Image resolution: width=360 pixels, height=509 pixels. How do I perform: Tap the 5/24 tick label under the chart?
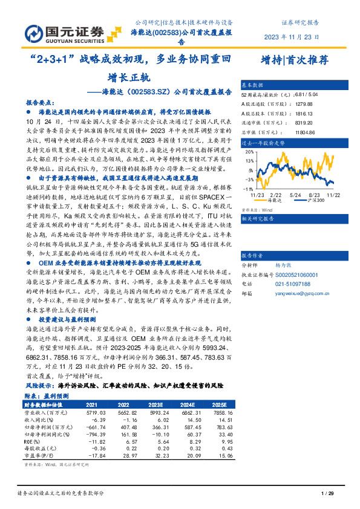coord(296,195)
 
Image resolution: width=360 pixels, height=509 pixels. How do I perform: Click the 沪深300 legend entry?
coord(314,200)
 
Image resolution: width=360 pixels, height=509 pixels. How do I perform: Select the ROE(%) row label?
coord(33,442)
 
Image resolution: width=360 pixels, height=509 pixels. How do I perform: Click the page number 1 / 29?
coord(327,495)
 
